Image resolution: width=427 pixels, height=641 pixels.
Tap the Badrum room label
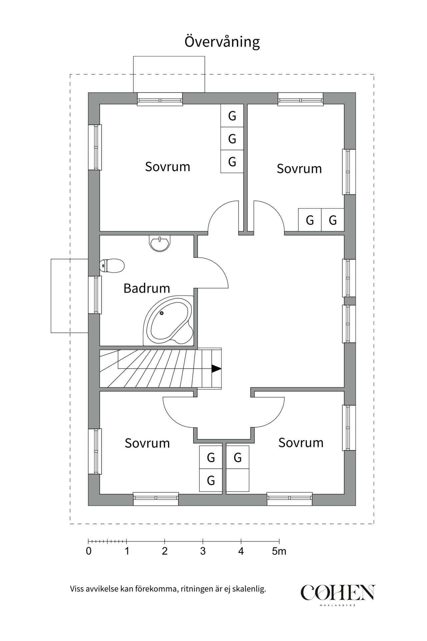point(147,288)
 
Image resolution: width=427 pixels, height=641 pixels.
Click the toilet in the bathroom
point(112,266)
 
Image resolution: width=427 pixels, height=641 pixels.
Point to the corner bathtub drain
point(161,313)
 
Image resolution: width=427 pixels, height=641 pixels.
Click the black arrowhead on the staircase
point(217,369)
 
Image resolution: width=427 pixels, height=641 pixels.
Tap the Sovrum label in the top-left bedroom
point(167,167)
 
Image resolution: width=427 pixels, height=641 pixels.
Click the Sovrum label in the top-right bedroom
point(299,169)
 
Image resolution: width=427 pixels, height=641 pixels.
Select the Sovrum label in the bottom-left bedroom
point(147,443)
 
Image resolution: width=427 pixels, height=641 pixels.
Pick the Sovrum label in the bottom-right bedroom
point(301,443)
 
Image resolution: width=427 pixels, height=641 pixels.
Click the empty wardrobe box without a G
point(238,480)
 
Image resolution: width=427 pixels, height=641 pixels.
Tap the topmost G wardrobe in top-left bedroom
point(232,116)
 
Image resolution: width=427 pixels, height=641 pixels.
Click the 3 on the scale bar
point(203,551)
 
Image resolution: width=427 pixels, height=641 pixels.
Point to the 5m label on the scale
point(279,551)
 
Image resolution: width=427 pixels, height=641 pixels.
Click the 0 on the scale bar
point(88,551)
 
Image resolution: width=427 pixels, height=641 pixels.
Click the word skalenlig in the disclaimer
point(249,589)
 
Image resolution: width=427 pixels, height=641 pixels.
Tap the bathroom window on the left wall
point(95,295)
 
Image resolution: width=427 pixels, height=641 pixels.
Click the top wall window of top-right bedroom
point(301,99)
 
